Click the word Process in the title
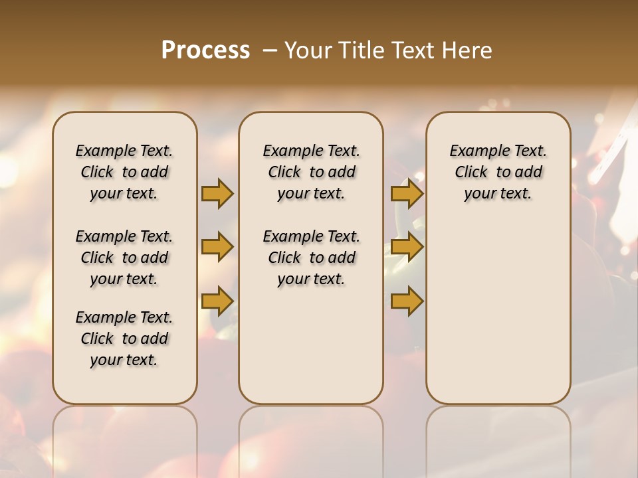205,50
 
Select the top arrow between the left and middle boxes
217,193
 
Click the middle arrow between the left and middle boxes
217,247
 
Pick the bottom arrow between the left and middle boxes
217,301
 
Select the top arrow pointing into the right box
407,193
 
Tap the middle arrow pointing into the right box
407,247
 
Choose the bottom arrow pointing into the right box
407,301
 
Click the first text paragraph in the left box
124,172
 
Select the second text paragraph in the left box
124,258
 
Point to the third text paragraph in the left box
124,339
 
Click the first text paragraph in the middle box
311,172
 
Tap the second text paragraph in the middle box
311,258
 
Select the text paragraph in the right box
498,172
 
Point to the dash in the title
270,50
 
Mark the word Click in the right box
471,172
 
